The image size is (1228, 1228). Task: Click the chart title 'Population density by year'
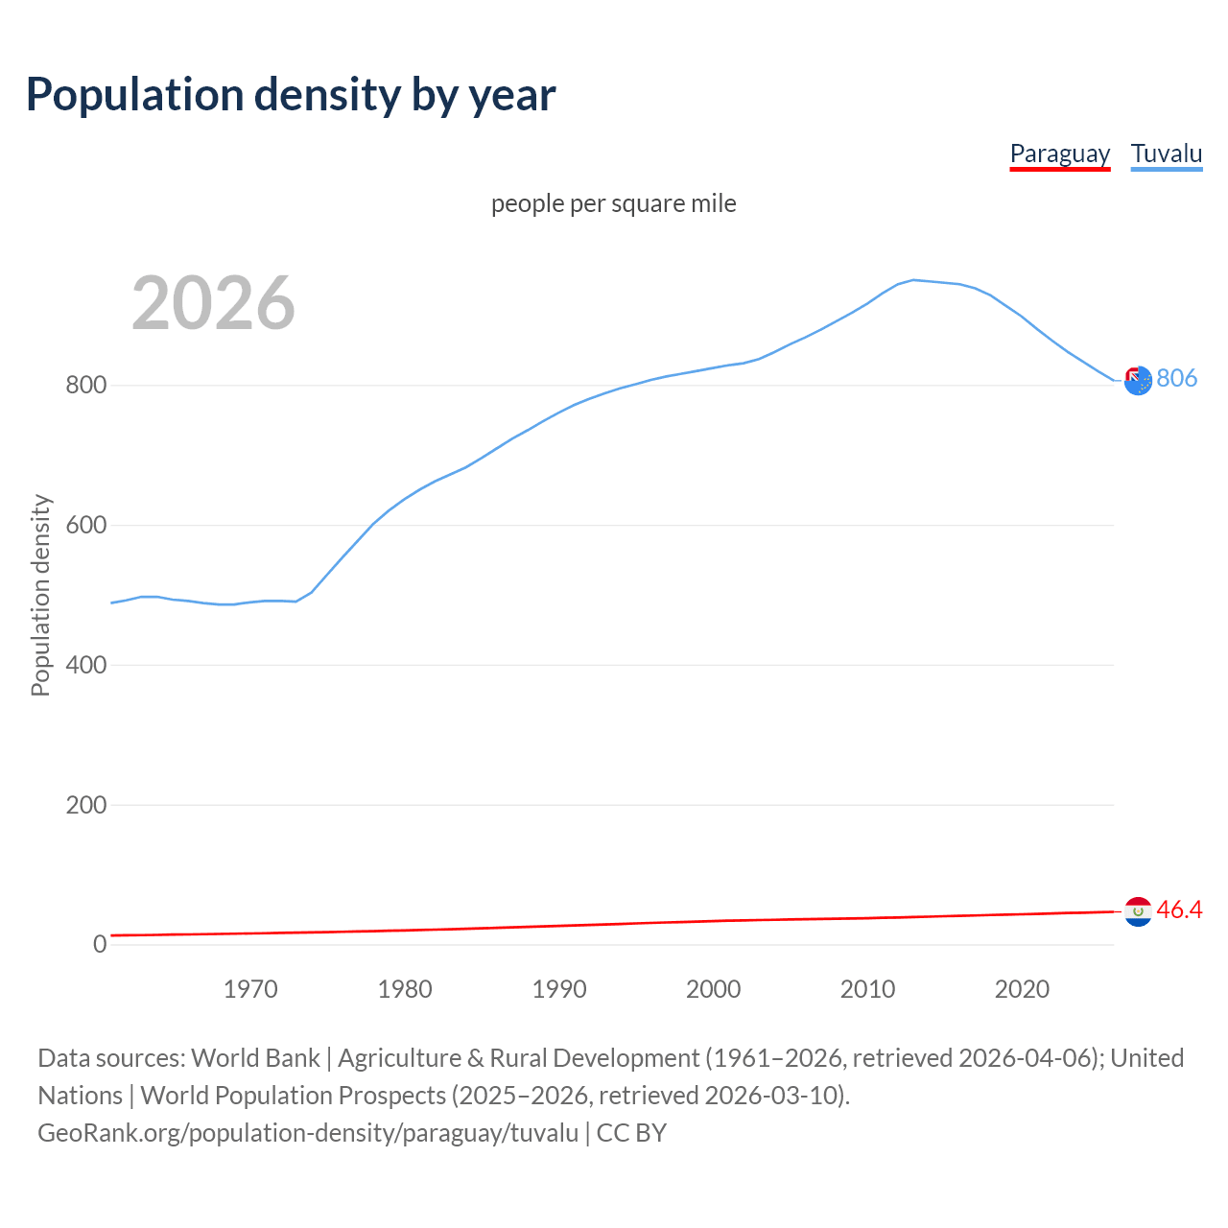291,95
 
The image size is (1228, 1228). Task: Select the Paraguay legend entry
1059,153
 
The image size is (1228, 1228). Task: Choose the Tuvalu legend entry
1166,153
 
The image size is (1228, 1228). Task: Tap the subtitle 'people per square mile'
613,203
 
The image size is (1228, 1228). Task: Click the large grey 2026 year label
213,303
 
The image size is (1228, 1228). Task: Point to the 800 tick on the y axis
85,386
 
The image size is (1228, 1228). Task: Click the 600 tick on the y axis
85,526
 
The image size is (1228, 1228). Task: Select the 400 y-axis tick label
85,665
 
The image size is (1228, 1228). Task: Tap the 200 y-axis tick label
85,805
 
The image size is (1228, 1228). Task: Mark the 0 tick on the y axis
100,944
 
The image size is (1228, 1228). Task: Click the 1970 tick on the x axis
250,989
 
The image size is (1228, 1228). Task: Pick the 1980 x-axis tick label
405,989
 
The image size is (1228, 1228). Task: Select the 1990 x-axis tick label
559,989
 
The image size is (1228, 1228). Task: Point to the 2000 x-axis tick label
713,989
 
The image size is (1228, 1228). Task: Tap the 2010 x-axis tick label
867,989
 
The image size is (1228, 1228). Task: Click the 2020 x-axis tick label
1022,989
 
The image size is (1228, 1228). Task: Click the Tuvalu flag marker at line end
1138,381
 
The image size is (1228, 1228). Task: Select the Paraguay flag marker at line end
1138,911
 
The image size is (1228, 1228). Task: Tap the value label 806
1176,378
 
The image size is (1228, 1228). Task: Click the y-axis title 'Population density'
40,595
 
